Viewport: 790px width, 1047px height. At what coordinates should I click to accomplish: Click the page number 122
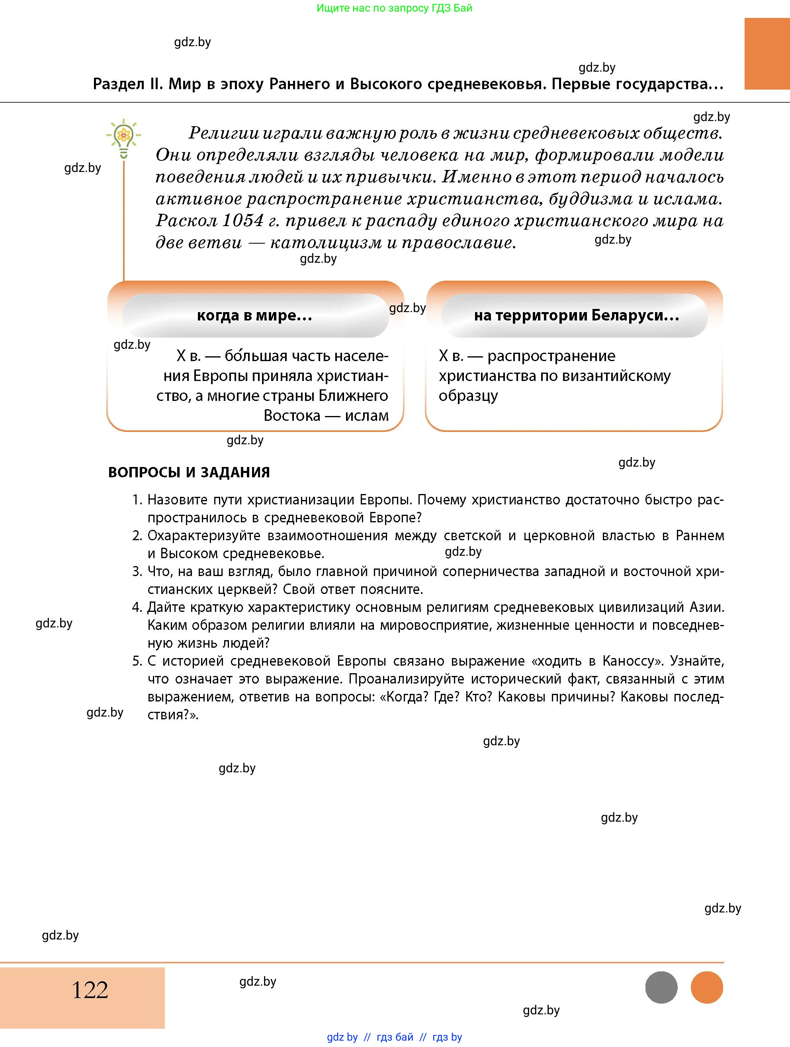pos(90,990)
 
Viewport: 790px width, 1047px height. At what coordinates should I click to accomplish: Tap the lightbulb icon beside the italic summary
pos(123,138)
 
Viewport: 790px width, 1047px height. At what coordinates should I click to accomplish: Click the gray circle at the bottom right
pos(661,987)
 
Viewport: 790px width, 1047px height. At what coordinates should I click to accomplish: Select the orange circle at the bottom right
pos(707,987)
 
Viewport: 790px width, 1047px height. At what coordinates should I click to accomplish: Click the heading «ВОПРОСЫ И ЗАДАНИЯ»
pos(189,473)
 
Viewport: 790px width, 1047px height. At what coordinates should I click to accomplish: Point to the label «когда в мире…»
pos(255,315)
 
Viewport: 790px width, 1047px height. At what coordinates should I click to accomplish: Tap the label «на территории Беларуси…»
pos(577,315)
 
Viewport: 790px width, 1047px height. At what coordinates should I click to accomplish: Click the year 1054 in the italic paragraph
pos(242,221)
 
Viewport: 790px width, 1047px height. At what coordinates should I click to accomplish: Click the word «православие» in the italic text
pos(458,242)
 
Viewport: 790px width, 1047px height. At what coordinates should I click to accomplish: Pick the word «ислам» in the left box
pos(367,416)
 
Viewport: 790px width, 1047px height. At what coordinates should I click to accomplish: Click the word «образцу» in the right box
pos(468,396)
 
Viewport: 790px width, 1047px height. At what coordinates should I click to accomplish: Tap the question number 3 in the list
pos(137,571)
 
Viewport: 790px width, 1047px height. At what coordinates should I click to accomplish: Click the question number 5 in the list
pos(137,661)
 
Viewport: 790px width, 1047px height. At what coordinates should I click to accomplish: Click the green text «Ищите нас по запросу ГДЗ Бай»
pos(394,8)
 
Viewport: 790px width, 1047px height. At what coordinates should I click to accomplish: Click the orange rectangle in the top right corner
pos(767,53)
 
